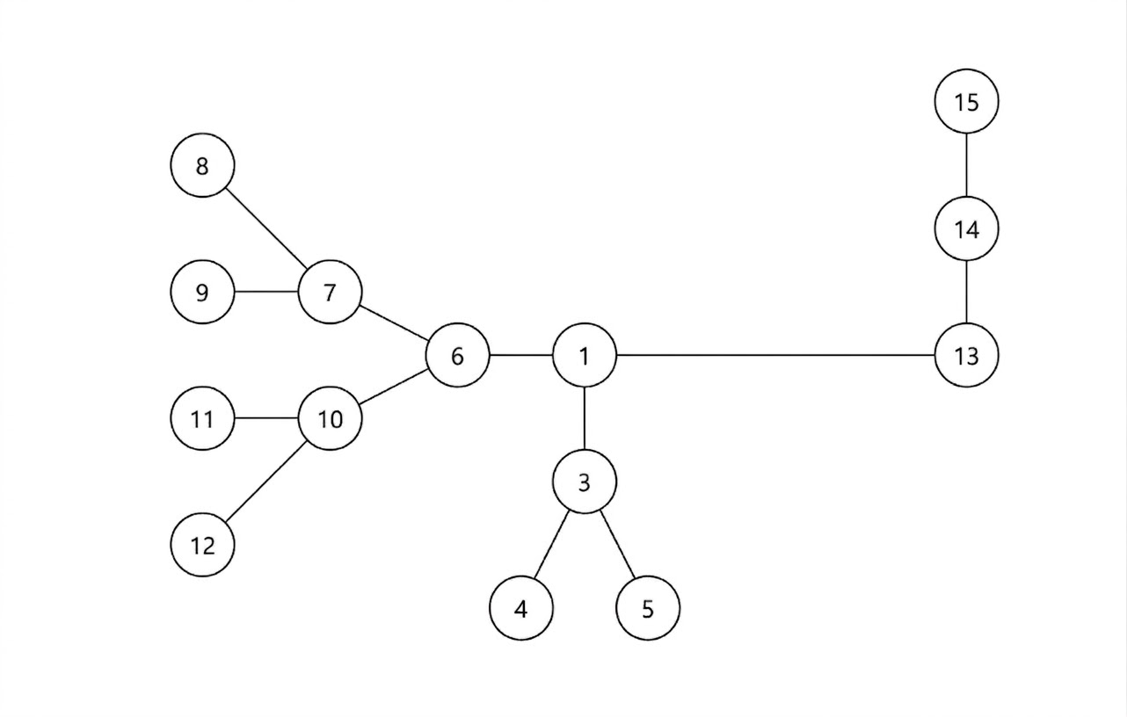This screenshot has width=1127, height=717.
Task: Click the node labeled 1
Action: (x=585, y=356)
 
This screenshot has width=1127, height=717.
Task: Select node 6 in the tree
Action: (x=457, y=356)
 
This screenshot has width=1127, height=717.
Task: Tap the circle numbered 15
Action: (x=966, y=102)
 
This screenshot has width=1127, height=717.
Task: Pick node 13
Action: (x=966, y=356)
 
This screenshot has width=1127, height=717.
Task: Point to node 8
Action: (x=202, y=165)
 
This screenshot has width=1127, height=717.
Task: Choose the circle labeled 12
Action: (x=202, y=545)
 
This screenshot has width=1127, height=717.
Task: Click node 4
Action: (x=521, y=608)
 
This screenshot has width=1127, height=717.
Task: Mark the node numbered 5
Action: (x=648, y=608)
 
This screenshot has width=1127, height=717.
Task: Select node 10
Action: (x=330, y=419)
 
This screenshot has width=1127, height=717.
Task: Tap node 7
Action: (x=330, y=292)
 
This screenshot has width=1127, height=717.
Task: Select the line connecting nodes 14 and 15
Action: (x=966, y=165)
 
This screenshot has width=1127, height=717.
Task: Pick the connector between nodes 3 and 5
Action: (x=616, y=545)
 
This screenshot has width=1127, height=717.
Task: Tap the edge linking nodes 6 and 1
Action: (x=520, y=356)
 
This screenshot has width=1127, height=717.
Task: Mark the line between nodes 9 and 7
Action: (x=266, y=292)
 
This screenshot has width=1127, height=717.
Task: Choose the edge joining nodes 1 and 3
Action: (x=585, y=419)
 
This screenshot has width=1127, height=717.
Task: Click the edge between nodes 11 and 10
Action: (x=266, y=419)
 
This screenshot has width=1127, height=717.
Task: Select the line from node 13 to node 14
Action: (x=966, y=293)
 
